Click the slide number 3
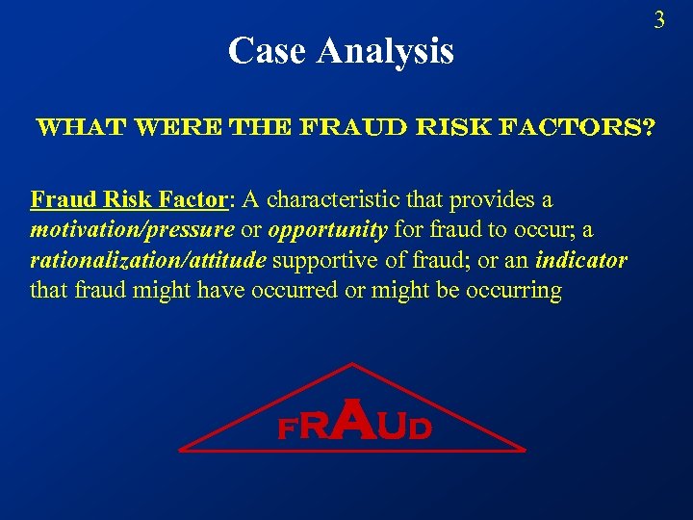pyautogui.click(x=659, y=19)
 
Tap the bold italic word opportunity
pyautogui.click(x=328, y=230)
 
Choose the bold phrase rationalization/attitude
pyautogui.click(x=150, y=260)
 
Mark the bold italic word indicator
pyautogui.click(x=581, y=260)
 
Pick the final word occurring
pyautogui.click(x=514, y=290)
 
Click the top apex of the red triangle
pyautogui.click(x=353, y=364)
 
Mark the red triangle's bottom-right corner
pyautogui.click(x=525, y=450)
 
